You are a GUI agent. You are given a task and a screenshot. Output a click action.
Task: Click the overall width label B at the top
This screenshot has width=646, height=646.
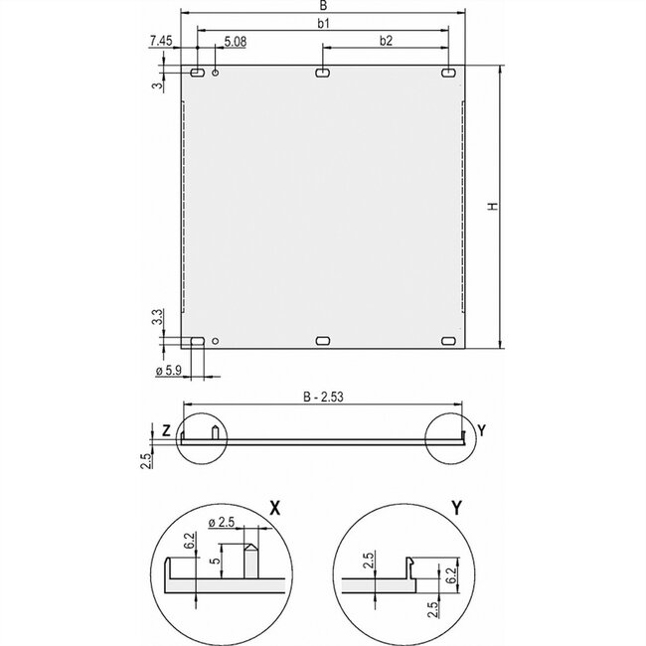(x=323, y=7)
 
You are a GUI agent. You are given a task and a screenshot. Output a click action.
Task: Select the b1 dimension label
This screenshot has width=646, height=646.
(x=323, y=22)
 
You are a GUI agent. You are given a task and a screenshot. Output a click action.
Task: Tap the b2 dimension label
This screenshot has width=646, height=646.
(x=385, y=40)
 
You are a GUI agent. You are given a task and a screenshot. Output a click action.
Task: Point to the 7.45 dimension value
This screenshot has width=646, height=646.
(x=161, y=40)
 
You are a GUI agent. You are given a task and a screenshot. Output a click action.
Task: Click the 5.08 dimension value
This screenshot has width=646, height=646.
(x=236, y=41)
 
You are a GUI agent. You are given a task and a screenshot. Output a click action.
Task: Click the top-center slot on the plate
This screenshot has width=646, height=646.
(x=323, y=73)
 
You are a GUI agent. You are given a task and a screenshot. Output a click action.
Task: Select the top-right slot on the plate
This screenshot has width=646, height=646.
(x=448, y=73)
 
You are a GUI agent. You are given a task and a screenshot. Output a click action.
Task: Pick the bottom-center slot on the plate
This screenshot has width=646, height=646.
(x=323, y=341)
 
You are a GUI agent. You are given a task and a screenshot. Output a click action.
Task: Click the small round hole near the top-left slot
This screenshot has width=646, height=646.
(x=216, y=73)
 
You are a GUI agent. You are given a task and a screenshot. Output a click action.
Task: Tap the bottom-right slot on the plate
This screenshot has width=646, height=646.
(x=448, y=341)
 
